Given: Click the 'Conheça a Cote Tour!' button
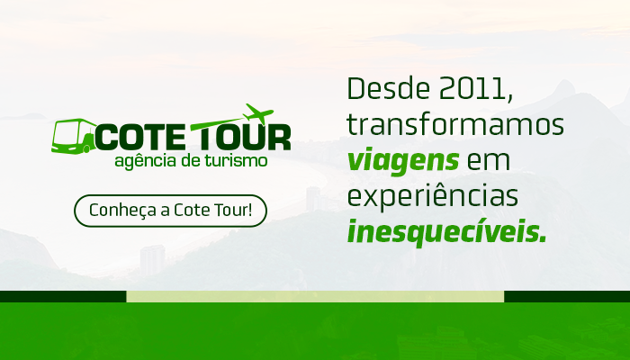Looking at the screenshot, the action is pos(170,211).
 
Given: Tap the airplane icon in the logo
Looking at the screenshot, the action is pos(259,113).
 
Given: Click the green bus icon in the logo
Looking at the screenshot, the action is pos(73,136).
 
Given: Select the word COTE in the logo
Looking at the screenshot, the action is pos(140,137).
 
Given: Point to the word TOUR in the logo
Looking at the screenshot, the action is pos(241,137).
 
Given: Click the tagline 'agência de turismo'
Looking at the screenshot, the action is pos(191,161).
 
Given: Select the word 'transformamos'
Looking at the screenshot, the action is pos(455,124).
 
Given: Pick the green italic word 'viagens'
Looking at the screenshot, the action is pos(403,161).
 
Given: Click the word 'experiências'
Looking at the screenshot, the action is pos(433,196).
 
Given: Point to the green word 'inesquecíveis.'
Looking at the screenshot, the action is pos(446,231).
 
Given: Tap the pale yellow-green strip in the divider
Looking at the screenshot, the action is pos(315,296).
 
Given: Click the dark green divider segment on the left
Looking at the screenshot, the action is pos(63,296).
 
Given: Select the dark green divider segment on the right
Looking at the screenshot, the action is pos(567,296).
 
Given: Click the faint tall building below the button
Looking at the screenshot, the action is pos(152,260).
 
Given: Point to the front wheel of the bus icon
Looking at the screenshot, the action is pos(86,148).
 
